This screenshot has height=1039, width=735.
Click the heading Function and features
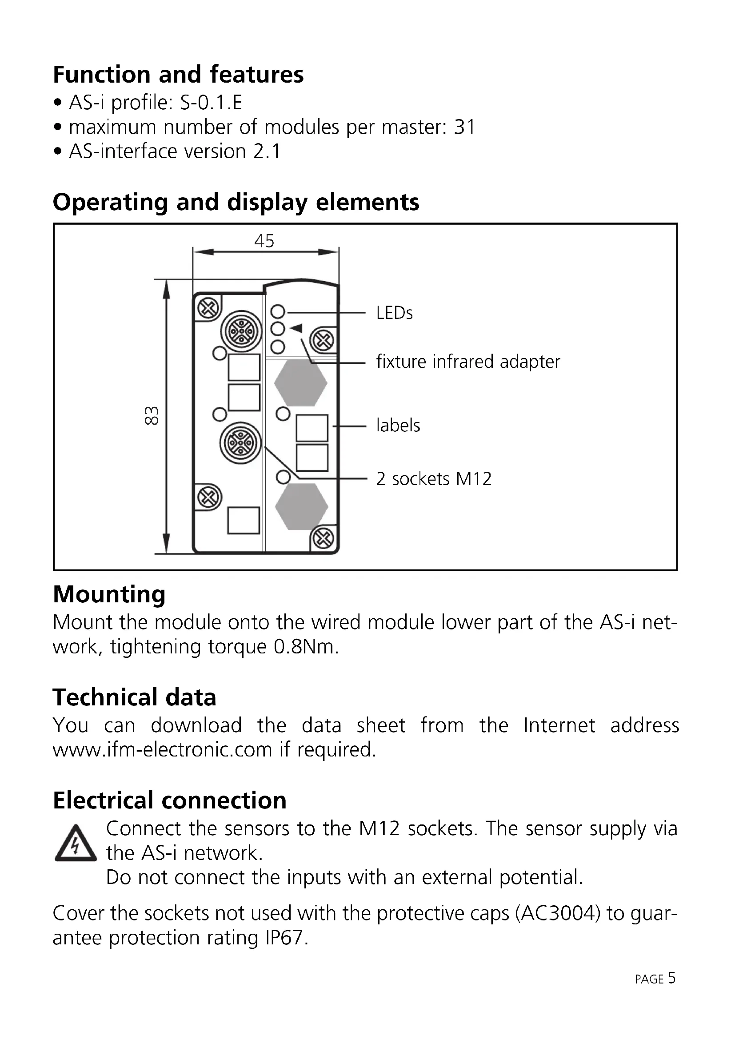pos(178,75)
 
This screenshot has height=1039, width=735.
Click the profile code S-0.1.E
pos(211,103)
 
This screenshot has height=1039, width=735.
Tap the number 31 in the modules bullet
pos(464,127)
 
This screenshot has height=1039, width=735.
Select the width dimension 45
pos(264,241)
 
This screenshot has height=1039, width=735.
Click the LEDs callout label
pos(394,313)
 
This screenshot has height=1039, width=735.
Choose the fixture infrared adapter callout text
pos(468,362)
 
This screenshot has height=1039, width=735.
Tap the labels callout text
pos(398,426)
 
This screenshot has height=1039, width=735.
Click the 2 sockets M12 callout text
pos(434,479)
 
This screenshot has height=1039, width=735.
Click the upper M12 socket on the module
pos(241,331)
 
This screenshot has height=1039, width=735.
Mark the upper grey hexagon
pos(300,382)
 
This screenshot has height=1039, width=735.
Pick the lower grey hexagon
pos(301,506)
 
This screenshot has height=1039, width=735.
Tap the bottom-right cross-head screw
pos(323,538)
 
